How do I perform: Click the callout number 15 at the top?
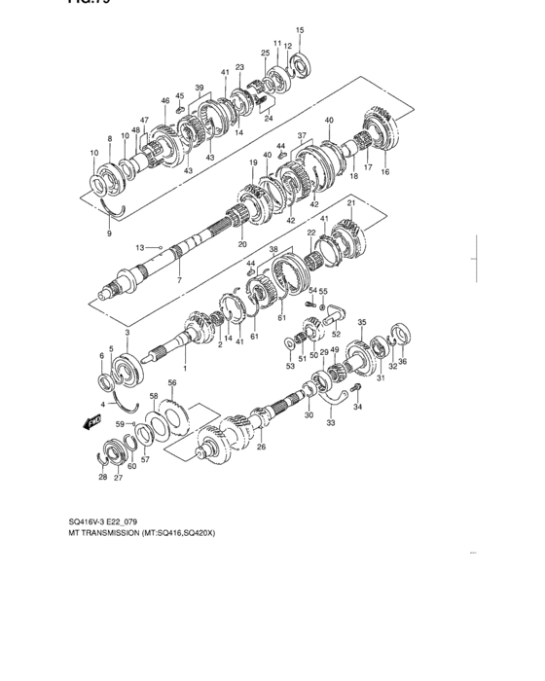[300, 30]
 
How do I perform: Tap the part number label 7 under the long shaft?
[178, 280]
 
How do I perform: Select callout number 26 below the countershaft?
[260, 447]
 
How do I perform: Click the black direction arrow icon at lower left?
[93, 422]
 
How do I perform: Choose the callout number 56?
[172, 384]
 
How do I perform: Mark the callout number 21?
[351, 202]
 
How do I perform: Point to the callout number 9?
[109, 233]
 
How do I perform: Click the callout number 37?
[302, 135]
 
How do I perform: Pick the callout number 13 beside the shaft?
[139, 247]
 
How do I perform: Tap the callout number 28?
[102, 478]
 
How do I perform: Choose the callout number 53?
[289, 367]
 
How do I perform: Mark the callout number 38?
[274, 250]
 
